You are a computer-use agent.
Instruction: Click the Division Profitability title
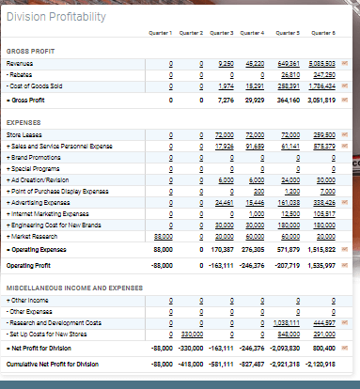[x=58, y=17]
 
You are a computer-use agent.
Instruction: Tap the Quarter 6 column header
[x=324, y=33]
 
